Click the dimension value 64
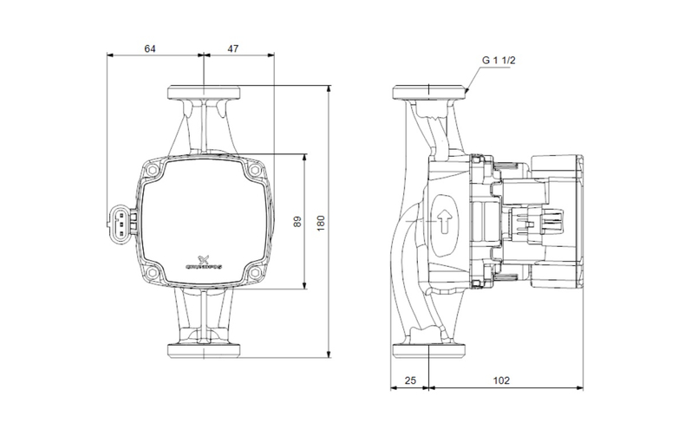150,49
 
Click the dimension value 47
233,49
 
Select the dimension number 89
297,222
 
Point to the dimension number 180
321,222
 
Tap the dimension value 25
410,380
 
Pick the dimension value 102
499,380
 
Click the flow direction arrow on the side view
445,222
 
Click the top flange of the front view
205,91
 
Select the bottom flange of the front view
205,351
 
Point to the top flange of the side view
430,92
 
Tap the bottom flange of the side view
430,351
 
